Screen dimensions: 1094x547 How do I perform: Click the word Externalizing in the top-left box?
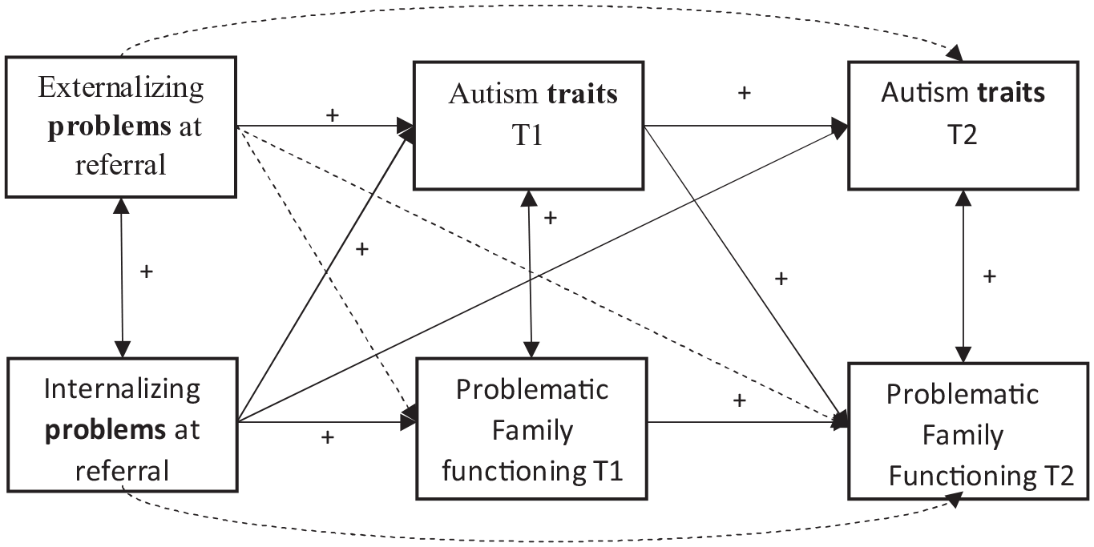pos(121,89)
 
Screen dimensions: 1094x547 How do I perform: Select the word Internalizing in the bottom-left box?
pos(122,390)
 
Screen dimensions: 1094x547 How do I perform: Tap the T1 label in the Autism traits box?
pos(527,135)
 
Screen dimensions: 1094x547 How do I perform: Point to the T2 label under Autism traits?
pos(962,135)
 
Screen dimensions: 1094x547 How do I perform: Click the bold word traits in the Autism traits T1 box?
pos(582,94)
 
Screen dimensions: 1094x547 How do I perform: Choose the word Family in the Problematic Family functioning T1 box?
pos(532,432)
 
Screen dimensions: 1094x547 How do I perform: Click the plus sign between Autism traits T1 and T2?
pos(744,93)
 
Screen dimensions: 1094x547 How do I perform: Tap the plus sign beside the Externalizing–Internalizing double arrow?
pos(146,271)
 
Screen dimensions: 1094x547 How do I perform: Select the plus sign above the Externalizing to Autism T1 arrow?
pos(332,115)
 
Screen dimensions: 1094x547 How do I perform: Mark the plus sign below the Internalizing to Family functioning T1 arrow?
pos(328,437)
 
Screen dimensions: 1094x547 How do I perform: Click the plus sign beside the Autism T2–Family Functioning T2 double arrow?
pos(990,276)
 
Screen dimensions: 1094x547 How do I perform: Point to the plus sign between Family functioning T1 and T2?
pos(740,400)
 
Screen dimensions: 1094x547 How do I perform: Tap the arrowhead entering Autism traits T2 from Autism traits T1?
pos(841,127)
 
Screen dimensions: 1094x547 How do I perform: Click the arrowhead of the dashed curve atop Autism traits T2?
pos(955,53)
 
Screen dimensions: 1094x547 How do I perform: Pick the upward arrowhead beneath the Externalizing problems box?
pos(121,206)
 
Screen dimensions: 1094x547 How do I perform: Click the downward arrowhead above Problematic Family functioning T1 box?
pos(531,349)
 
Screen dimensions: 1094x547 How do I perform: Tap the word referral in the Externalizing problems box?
pos(120,165)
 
